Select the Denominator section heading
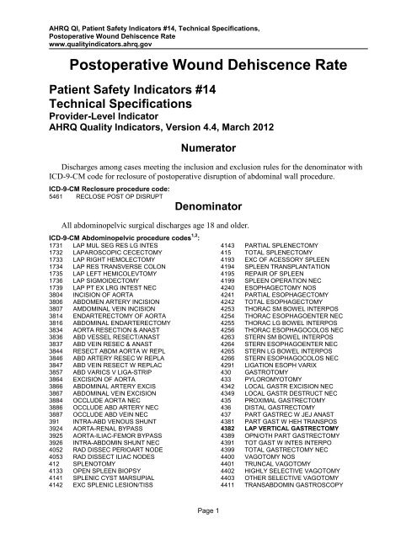(208, 204)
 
